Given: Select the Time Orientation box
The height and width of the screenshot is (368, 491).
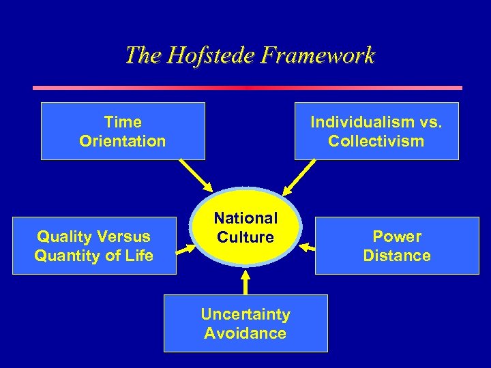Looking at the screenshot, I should point(123,131).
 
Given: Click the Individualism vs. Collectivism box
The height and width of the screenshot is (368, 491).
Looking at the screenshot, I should point(376,131).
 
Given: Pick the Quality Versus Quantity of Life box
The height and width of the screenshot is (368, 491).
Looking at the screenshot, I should point(94,245).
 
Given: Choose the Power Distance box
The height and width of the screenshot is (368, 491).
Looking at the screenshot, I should point(397,245).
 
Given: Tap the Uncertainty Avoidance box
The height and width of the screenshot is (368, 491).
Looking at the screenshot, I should point(245,323).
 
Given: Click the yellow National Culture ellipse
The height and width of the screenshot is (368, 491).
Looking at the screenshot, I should point(245,228).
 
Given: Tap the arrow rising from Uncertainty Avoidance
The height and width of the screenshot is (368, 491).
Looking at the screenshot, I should point(245,283).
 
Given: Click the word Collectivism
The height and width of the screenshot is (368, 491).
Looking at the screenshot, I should point(376,141).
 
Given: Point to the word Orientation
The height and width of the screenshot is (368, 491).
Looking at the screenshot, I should point(123,141).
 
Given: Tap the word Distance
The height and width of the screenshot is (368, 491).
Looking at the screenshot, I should point(397,256).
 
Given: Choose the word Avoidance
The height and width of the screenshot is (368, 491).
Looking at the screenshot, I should point(245,333).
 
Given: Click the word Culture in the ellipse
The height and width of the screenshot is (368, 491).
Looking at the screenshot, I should point(245,237).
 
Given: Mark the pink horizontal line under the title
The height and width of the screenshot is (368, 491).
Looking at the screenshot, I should point(247,87).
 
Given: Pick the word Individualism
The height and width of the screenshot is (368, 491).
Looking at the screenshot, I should point(356,122).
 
